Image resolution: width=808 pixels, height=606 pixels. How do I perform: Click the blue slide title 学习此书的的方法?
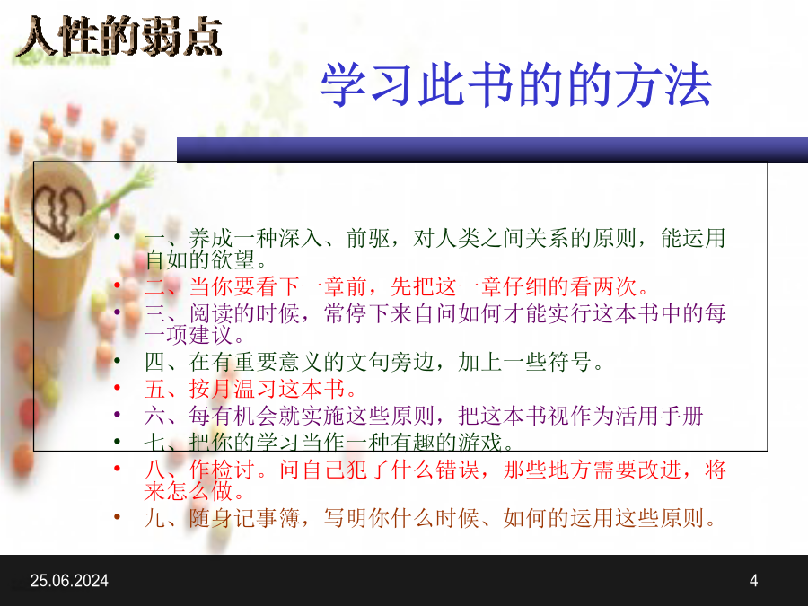(516, 84)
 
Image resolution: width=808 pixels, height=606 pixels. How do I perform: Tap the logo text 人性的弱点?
(119, 36)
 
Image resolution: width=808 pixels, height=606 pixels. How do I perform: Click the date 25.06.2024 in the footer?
(69, 581)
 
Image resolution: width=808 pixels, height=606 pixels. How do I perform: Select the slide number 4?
(753, 581)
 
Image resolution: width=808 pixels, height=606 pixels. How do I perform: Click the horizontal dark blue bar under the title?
(492, 150)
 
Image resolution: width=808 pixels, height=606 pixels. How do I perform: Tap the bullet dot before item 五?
(118, 388)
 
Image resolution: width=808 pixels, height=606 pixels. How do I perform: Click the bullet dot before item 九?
(118, 517)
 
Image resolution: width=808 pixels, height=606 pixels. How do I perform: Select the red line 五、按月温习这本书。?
(251, 389)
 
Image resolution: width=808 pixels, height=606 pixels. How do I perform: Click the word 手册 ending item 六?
(681, 416)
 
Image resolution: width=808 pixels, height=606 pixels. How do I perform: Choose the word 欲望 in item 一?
(233, 259)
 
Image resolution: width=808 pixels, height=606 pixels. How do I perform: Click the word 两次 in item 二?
(615, 286)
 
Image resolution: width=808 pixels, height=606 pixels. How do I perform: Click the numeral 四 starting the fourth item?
(155, 362)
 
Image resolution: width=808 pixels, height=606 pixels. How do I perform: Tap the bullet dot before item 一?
(118, 237)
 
